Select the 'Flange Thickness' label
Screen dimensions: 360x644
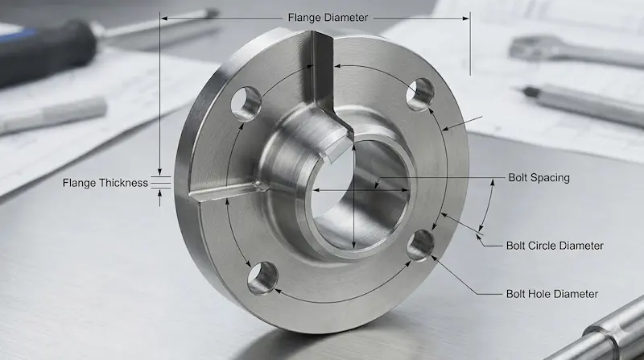[x=105, y=183]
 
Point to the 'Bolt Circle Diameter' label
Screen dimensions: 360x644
[x=554, y=246]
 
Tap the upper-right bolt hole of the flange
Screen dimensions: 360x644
[x=419, y=95]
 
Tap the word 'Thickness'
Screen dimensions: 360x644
[x=123, y=183]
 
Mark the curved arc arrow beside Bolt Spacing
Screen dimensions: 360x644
[x=488, y=206]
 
